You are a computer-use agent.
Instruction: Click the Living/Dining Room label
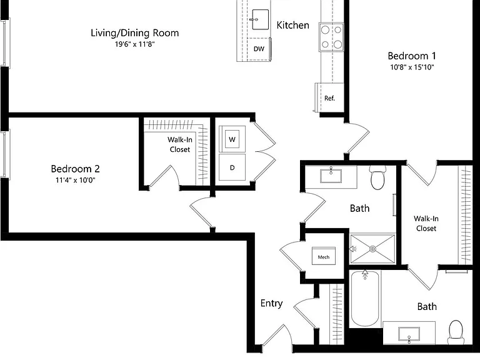(x=135, y=33)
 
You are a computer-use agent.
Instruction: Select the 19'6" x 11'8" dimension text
(x=135, y=44)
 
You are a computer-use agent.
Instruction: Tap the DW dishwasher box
(x=259, y=49)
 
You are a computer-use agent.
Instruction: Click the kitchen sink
(x=260, y=19)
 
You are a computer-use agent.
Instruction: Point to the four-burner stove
(x=331, y=37)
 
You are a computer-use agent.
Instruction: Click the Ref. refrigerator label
(x=329, y=98)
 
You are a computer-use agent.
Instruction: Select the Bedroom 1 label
(x=412, y=56)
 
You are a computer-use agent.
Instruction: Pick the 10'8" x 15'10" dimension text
(x=412, y=67)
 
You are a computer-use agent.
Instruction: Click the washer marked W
(x=232, y=139)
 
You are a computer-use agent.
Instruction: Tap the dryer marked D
(x=232, y=167)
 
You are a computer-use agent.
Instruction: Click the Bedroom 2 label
(x=75, y=169)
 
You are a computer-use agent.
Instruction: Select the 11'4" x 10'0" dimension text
(x=75, y=180)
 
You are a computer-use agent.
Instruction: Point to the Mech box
(x=324, y=256)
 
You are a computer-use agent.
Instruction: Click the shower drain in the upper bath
(x=372, y=249)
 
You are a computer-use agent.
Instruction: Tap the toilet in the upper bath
(x=377, y=177)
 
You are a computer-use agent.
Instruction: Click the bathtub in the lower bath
(x=365, y=299)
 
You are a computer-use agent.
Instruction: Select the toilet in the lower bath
(x=456, y=332)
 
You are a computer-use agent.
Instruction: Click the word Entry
(x=271, y=303)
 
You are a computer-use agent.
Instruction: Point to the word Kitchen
(x=293, y=25)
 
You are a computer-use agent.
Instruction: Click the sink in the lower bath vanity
(x=409, y=334)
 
